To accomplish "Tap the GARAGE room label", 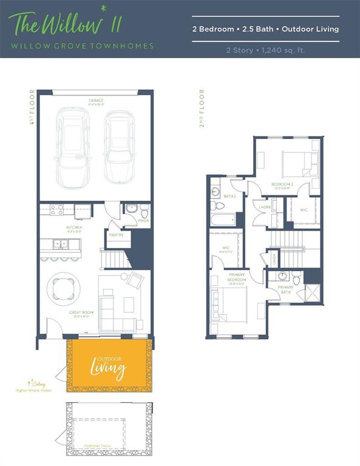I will point(95,101).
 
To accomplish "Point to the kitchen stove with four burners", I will point(56,210).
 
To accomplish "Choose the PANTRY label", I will point(116,234).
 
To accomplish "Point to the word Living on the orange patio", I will point(108,368).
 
